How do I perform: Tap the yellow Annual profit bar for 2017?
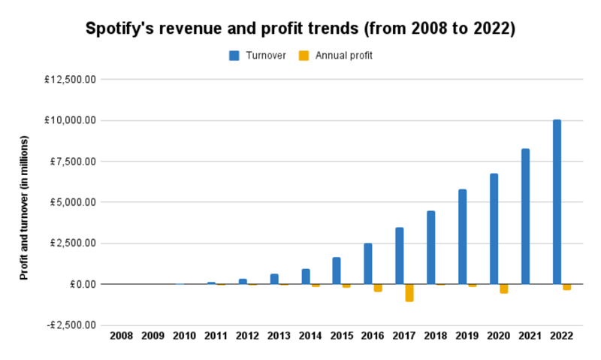[x=409, y=292]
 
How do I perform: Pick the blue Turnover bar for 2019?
[x=462, y=237]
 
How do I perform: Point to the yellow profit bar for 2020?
[x=504, y=289]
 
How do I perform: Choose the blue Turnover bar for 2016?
[x=368, y=264]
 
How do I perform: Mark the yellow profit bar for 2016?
[x=378, y=288]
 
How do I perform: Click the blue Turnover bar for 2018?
[x=431, y=247]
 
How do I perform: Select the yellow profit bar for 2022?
[x=566, y=287]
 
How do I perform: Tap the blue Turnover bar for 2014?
[x=306, y=277]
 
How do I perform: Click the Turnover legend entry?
[x=258, y=56]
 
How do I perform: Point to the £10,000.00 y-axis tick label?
[x=69, y=121]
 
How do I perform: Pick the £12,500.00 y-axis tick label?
[x=69, y=80]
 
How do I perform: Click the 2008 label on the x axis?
[x=122, y=336]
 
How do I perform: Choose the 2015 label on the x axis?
[x=343, y=336]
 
